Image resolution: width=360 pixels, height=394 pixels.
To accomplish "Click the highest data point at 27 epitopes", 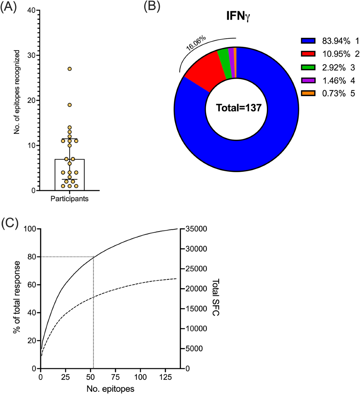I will pos(70,69).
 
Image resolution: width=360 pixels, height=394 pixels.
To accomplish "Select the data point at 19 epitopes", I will pos(70,105).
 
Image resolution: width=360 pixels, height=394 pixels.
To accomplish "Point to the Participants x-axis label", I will pos(69,199).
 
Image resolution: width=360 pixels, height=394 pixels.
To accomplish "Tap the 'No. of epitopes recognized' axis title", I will pos(17,92).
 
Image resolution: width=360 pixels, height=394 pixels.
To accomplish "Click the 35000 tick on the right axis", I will pos(196,229).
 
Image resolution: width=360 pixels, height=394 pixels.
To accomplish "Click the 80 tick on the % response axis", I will pos(31,257).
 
